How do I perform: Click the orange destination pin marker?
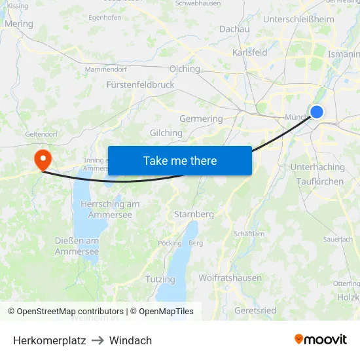tap(43, 158)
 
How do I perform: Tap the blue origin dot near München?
tap(317, 112)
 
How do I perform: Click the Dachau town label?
tap(234, 29)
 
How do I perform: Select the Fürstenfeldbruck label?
tap(140, 84)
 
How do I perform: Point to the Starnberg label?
tap(194, 214)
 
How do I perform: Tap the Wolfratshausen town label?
tap(231, 278)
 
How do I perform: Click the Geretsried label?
tap(255, 310)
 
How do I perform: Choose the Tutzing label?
tap(160, 279)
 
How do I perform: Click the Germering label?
tap(201, 118)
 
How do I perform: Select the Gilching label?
tap(166, 133)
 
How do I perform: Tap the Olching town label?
tap(185, 69)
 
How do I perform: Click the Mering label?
tap(18, 24)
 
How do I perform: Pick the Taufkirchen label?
tap(319, 181)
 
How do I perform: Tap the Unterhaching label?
tap(317, 167)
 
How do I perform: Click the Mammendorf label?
tap(106, 68)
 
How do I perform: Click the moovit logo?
tap(320, 339)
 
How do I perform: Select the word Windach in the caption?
tap(130, 340)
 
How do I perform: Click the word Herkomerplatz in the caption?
tap(50, 340)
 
